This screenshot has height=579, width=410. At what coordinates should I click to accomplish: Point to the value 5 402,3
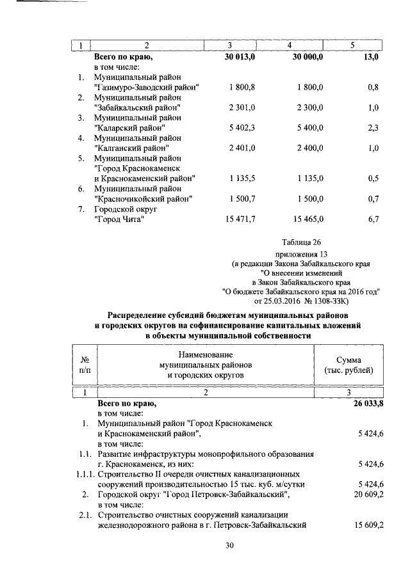tap(242, 128)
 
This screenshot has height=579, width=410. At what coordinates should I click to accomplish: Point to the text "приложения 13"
tap(300, 253)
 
